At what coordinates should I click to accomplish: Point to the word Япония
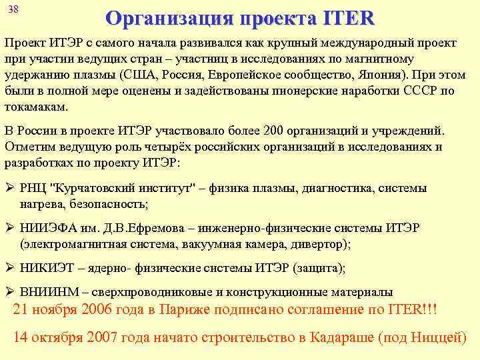383,75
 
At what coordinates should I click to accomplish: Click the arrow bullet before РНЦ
9,189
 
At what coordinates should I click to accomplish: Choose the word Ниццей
436,337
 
